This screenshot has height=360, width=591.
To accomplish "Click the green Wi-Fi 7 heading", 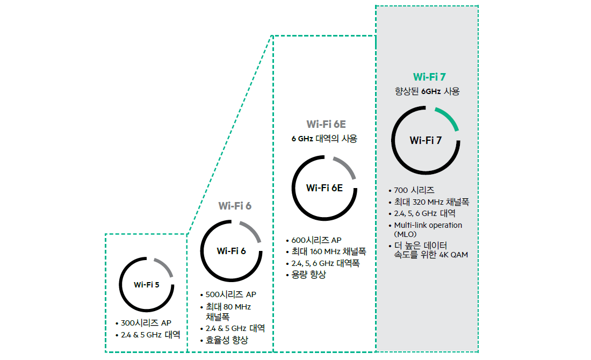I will (429, 77).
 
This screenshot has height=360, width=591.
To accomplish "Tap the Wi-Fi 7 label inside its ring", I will (426, 141).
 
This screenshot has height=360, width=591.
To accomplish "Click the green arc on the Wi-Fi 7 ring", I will (449, 117).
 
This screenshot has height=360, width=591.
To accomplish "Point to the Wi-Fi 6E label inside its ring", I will (325, 188).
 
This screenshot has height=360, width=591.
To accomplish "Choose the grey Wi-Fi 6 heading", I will (235, 206).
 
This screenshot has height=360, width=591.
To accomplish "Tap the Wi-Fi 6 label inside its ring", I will (231, 251).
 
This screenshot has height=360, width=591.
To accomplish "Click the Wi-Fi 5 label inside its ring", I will (147, 285).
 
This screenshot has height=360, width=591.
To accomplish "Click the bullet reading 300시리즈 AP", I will (146, 323).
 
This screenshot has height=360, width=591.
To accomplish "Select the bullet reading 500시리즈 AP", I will (231, 294).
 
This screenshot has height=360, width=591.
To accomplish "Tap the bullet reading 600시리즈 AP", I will (316, 240).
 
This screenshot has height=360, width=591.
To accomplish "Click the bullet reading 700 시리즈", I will (414, 190).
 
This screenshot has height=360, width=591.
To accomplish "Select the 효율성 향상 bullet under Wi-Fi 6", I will (227, 340).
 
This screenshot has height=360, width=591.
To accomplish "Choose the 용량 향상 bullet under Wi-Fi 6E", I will (308, 275).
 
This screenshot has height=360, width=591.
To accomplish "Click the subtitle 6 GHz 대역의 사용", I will (325, 139).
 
